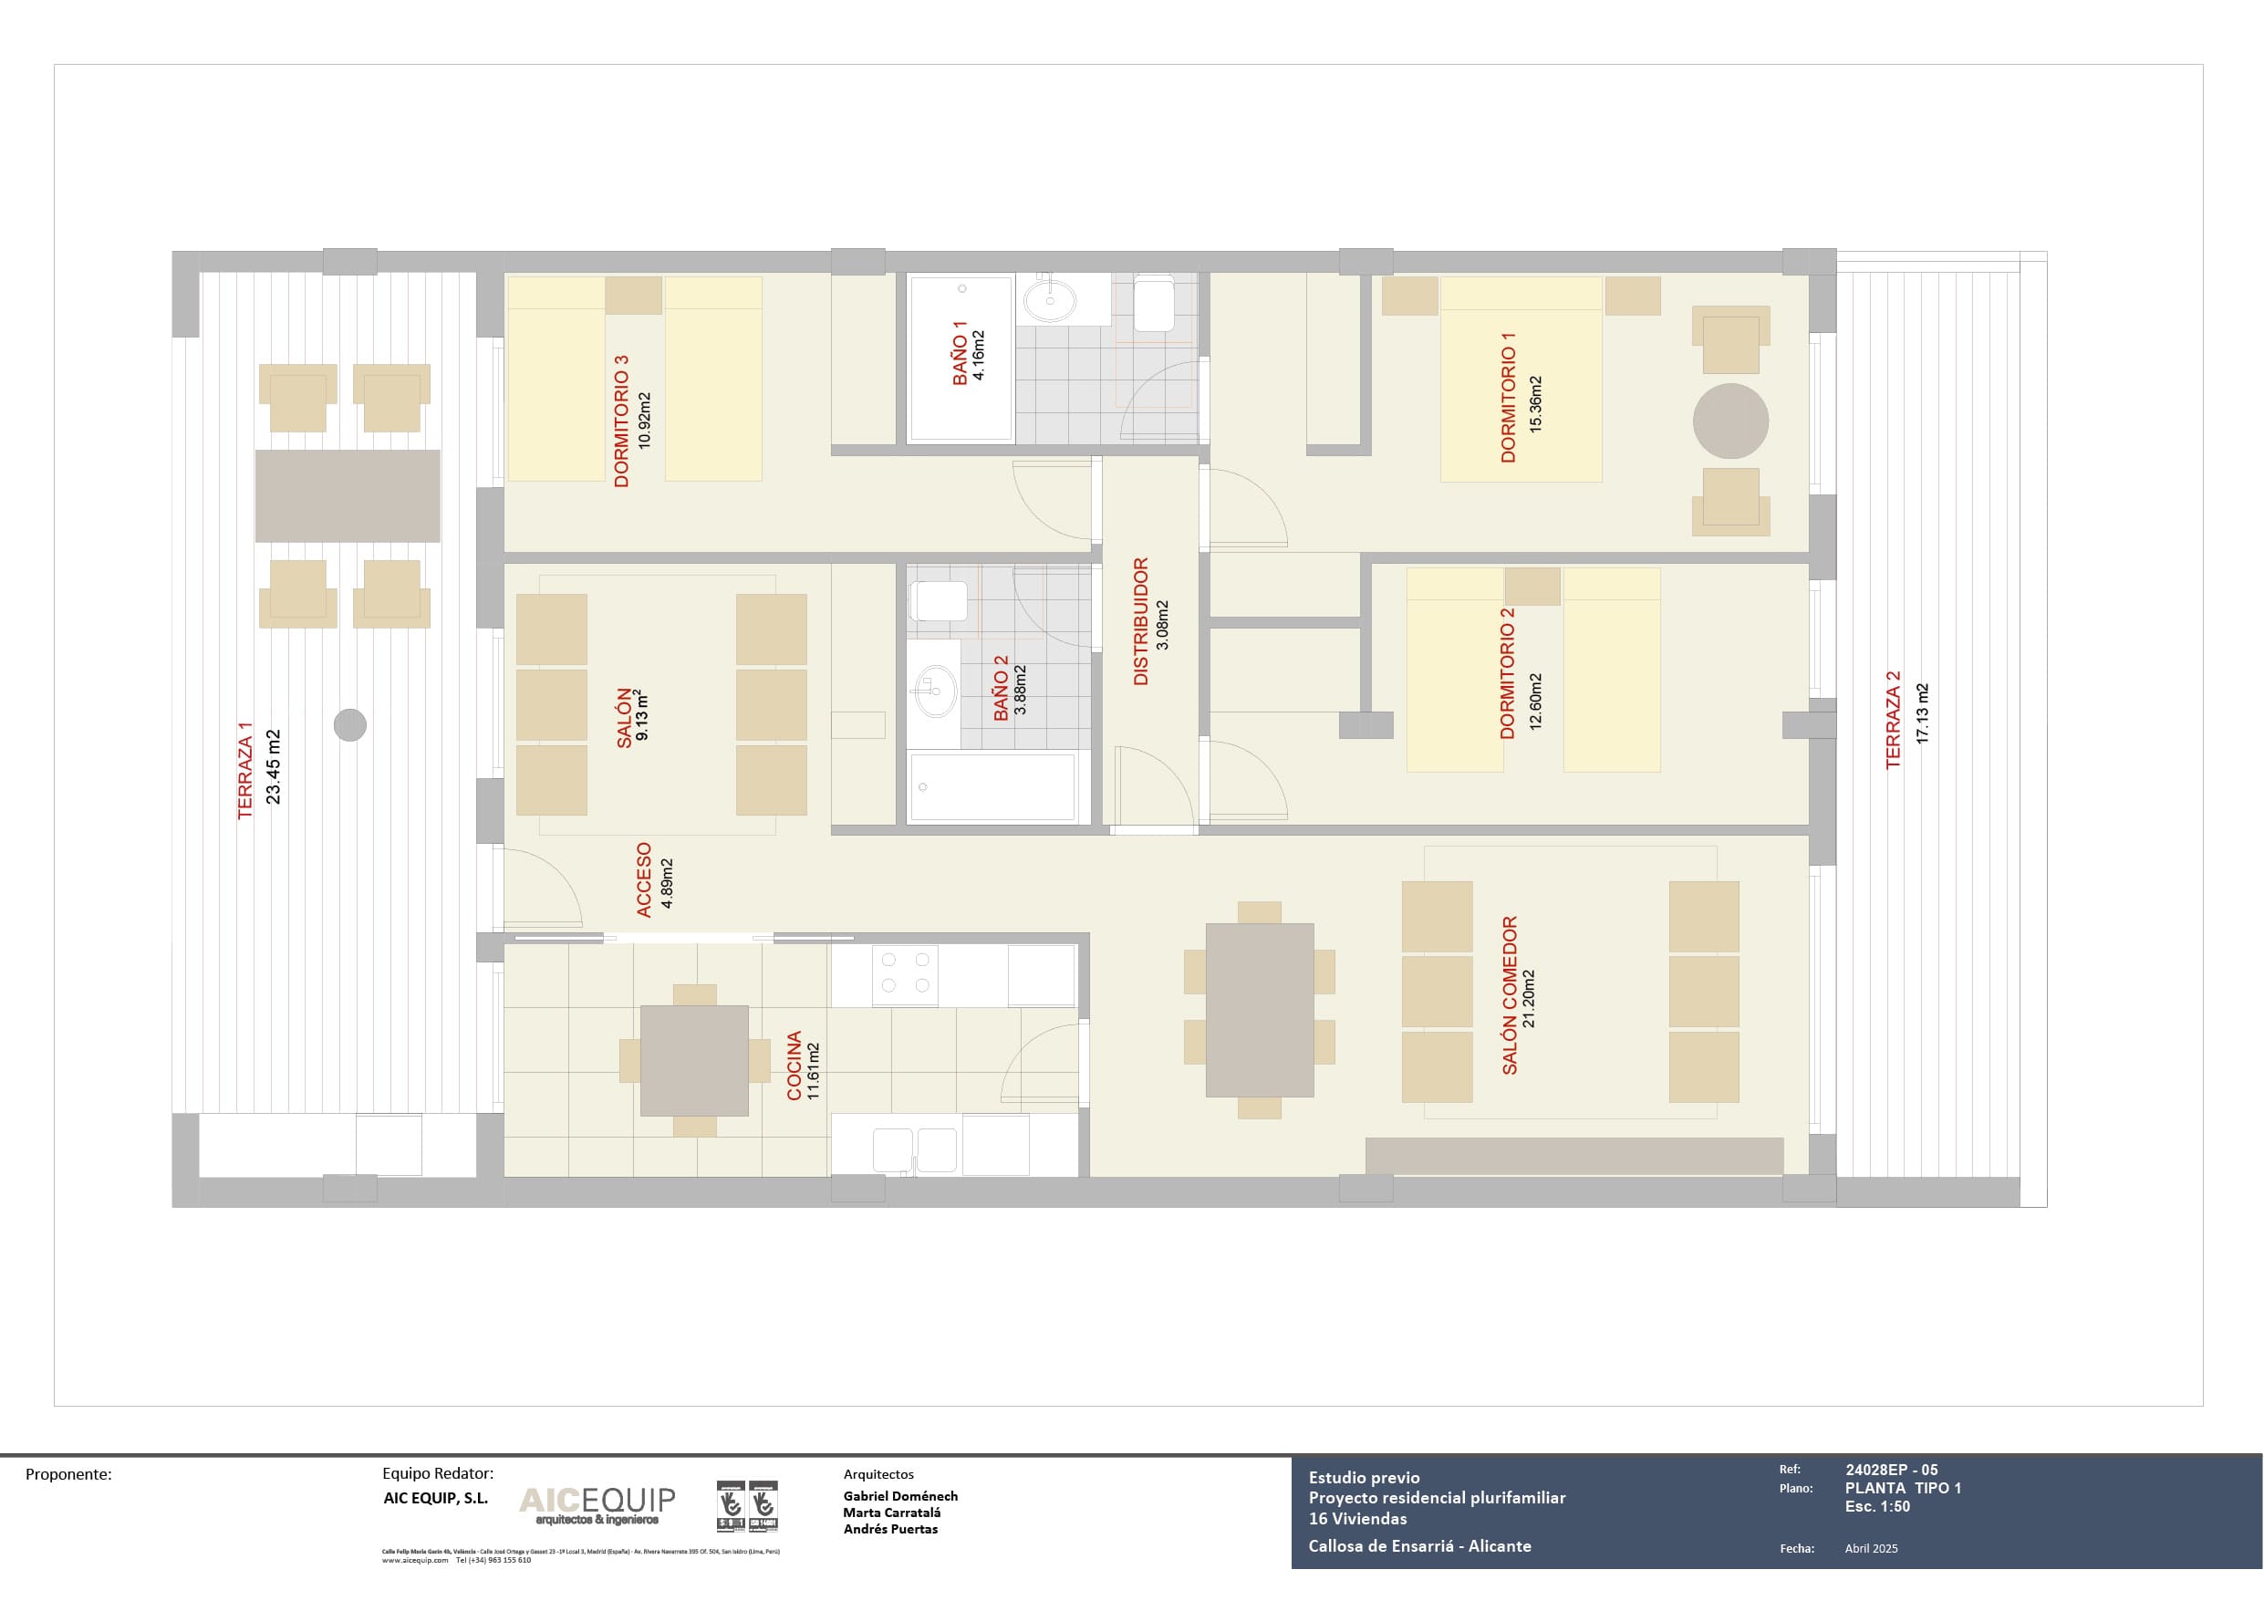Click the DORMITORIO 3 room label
[621, 421]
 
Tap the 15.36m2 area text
[1535, 403]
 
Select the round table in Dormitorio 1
[1729, 421]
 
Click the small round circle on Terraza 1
[350, 725]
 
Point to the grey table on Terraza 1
[348, 496]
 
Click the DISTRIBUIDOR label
[1141, 621]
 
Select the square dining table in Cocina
[694, 1060]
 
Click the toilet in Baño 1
[1154, 304]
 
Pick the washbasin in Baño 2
[932, 691]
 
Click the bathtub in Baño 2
[992, 787]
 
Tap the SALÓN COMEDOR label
[1510, 995]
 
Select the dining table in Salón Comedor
[1259, 1010]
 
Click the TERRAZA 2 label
[1892, 720]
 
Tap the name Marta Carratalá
[891, 1513]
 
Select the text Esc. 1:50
[1876, 1506]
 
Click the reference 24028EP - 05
[1891, 1469]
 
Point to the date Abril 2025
[1871, 1548]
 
